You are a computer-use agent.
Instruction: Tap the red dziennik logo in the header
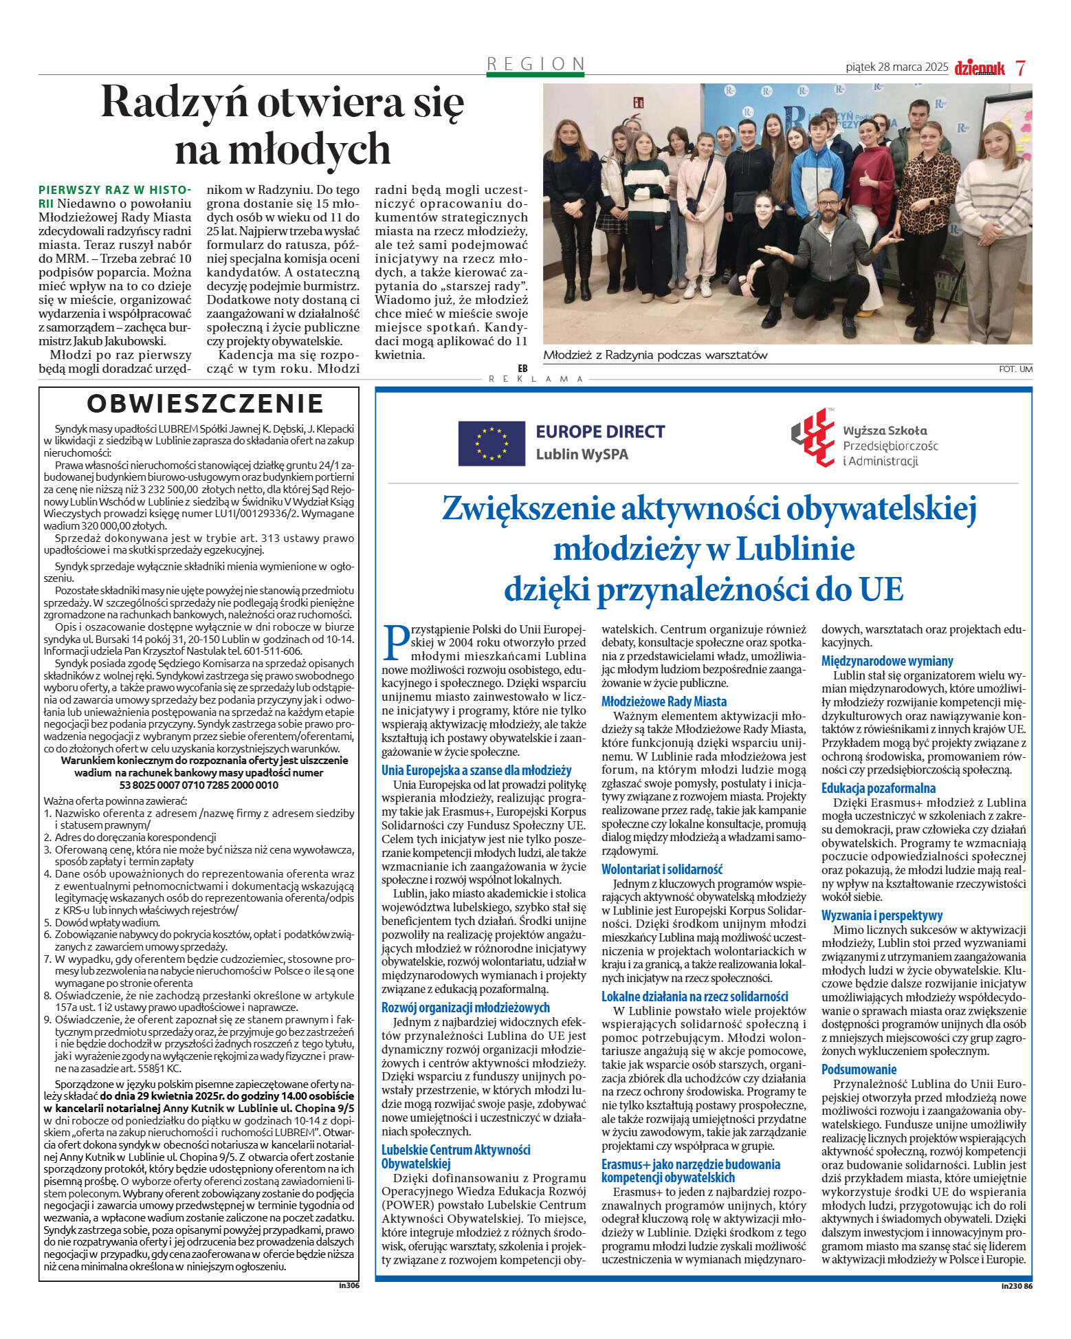coord(980,68)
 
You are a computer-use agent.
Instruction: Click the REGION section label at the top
coord(535,64)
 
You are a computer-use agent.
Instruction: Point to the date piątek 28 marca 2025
coord(896,67)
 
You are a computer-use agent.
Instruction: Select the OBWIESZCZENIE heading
coord(206,404)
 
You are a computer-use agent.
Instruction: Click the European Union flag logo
coord(492,443)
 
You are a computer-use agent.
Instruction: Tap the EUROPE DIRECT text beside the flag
coord(600,432)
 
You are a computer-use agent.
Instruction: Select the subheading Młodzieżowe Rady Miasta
coord(663,701)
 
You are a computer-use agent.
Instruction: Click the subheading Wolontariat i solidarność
coord(662,869)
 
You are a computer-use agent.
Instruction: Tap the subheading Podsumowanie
coord(859,1069)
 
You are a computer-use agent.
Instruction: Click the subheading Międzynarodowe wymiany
coord(887,661)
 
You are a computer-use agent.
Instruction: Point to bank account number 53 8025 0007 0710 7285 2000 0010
coord(199,785)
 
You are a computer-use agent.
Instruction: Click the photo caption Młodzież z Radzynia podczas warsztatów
coord(654,356)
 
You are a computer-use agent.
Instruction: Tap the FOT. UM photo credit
coord(1015,369)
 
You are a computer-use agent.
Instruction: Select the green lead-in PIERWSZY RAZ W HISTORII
coord(113,190)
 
